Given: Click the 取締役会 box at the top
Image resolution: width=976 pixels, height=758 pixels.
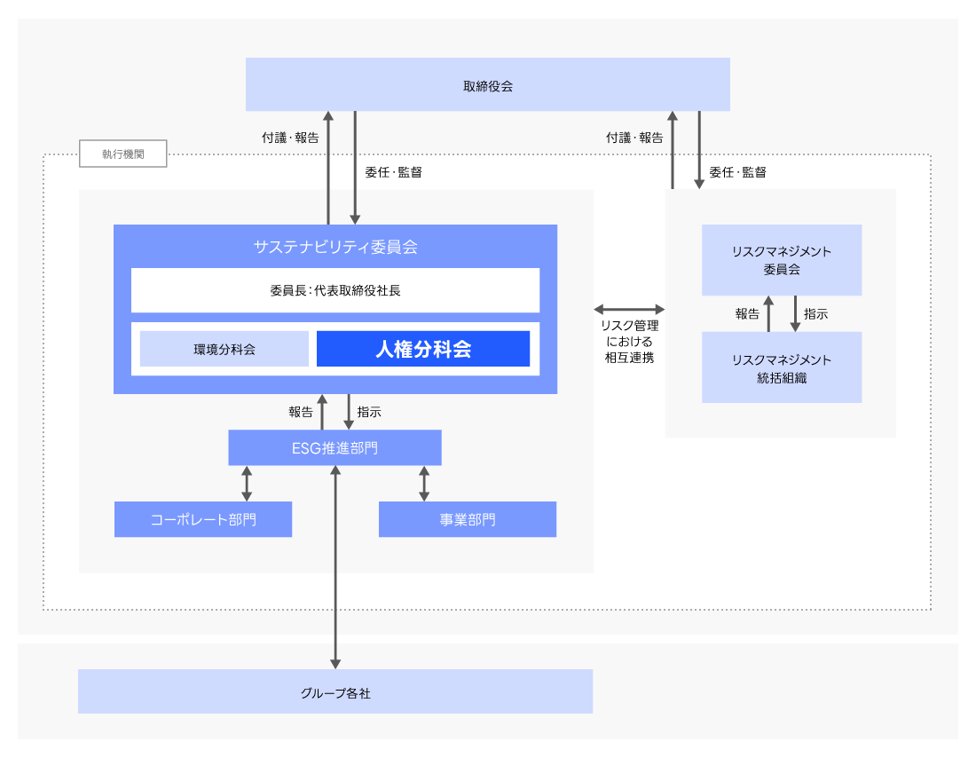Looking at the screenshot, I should [487, 85].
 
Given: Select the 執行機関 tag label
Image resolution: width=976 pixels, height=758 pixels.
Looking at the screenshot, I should [122, 154].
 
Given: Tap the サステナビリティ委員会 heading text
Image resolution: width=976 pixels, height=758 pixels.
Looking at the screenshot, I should [335, 247].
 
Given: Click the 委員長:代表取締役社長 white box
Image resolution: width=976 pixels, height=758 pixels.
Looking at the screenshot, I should [335, 290].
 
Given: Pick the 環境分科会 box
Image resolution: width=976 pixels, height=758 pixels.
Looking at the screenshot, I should [224, 349].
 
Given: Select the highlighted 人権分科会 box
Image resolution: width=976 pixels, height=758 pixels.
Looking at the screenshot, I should [423, 349].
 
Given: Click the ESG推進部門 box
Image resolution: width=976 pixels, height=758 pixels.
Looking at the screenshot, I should [335, 447].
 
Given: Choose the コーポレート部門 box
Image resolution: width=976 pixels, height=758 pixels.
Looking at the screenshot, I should [203, 519].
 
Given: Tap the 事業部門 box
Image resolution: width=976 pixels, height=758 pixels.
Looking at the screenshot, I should [468, 519].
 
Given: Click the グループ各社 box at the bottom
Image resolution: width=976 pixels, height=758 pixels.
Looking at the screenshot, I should [335, 692].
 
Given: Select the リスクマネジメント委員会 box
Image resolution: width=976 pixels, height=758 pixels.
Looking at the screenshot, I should [782, 260].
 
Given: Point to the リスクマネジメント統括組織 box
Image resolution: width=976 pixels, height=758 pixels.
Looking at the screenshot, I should [782, 367].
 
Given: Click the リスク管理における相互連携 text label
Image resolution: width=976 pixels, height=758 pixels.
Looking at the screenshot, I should [629, 342].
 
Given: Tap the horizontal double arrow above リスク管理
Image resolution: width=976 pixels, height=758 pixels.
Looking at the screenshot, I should [629, 309].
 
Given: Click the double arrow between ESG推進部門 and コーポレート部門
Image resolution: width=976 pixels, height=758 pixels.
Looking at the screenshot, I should [247, 484].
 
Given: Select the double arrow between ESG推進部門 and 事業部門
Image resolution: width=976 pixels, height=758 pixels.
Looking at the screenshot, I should [424, 484].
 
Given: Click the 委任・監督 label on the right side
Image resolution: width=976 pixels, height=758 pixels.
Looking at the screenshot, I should [737, 172].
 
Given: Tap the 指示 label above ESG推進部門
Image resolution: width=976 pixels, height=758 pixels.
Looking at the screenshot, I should [369, 412].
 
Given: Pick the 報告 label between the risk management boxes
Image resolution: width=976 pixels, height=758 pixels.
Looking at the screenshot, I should [747, 313].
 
